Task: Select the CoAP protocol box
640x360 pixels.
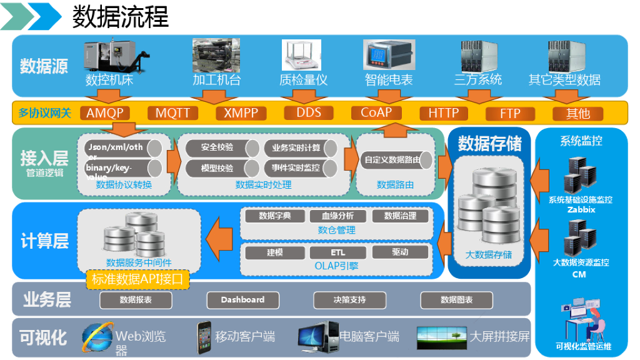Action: [376, 112]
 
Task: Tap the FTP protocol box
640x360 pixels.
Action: [510, 114]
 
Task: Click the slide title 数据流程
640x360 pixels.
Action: [121, 17]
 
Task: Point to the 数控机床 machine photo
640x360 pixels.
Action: [110, 57]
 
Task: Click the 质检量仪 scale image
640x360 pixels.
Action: [302, 56]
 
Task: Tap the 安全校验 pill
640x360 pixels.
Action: [217, 148]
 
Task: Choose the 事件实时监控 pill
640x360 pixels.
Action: [296, 167]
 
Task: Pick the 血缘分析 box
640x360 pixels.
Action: [337, 216]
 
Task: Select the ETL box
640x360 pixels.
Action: [337, 252]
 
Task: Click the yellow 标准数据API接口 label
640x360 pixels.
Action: [137, 279]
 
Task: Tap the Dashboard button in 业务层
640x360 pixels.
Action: [242, 300]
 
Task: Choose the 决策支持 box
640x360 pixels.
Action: [349, 300]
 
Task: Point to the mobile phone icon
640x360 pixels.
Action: [204, 337]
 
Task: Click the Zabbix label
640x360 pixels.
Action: [581, 210]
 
